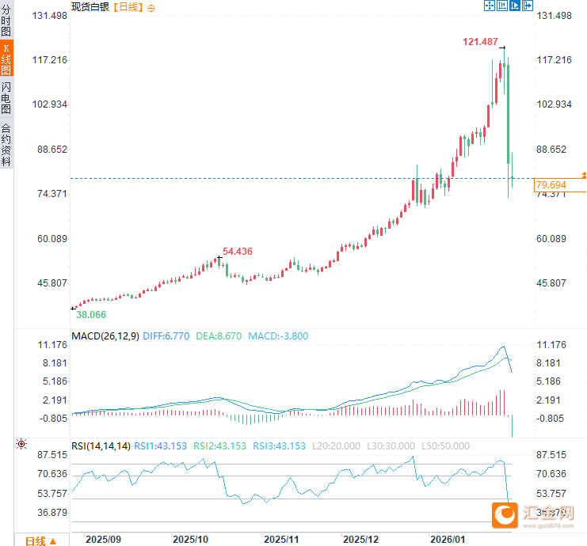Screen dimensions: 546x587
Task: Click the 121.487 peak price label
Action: coord(480,41)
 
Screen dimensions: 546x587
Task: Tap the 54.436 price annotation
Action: coord(238,252)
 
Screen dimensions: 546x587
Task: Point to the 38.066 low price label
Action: coord(90,314)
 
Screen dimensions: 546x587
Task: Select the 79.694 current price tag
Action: coord(553,184)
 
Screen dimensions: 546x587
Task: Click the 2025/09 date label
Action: coord(103,538)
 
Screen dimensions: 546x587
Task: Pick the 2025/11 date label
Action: coord(280,538)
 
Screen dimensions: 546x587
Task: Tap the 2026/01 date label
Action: coord(447,538)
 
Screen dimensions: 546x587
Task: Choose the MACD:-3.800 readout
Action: coord(278,336)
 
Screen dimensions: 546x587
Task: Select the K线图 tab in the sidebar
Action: coord(6,59)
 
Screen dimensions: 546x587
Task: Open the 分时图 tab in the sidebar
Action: coord(6,21)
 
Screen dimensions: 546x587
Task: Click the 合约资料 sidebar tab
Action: coord(6,144)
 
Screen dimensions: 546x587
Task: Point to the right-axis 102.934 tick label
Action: coord(554,104)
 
